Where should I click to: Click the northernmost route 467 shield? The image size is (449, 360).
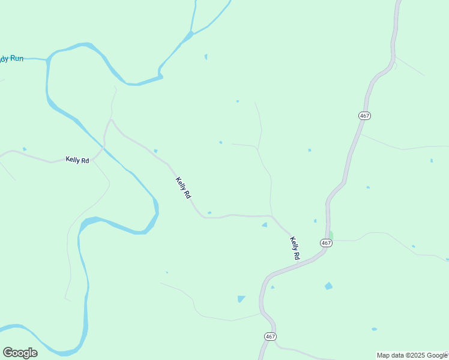pyautogui.click(x=364, y=115)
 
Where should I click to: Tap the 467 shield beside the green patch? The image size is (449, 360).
pyautogui.click(x=326, y=243)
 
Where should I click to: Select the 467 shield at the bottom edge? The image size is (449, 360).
pyautogui.click(x=270, y=337)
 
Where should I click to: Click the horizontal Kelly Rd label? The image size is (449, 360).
pyautogui.click(x=77, y=160)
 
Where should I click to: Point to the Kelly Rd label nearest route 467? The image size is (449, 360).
pyautogui.click(x=295, y=248)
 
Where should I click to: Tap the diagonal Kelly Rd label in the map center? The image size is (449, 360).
pyautogui.click(x=183, y=188)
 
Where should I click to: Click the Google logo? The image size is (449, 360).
pyautogui.click(x=20, y=353)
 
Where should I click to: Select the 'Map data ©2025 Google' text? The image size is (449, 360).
pyautogui.click(x=412, y=355)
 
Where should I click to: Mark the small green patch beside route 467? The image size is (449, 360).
pyautogui.click(x=330, y=235)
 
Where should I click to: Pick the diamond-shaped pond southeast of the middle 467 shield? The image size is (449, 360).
pyautogui.click(x=328, y=286)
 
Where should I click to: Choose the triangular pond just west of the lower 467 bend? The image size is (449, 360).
pyautogui.click(x=241, y=298)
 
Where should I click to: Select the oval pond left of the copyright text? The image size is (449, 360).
pyautogui.click(x=374, y=329)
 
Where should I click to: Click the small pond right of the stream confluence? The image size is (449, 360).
pyautogui.click(x=206, y=57)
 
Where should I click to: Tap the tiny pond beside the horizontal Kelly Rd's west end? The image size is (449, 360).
pyautogui.click(x=25, y=149)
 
